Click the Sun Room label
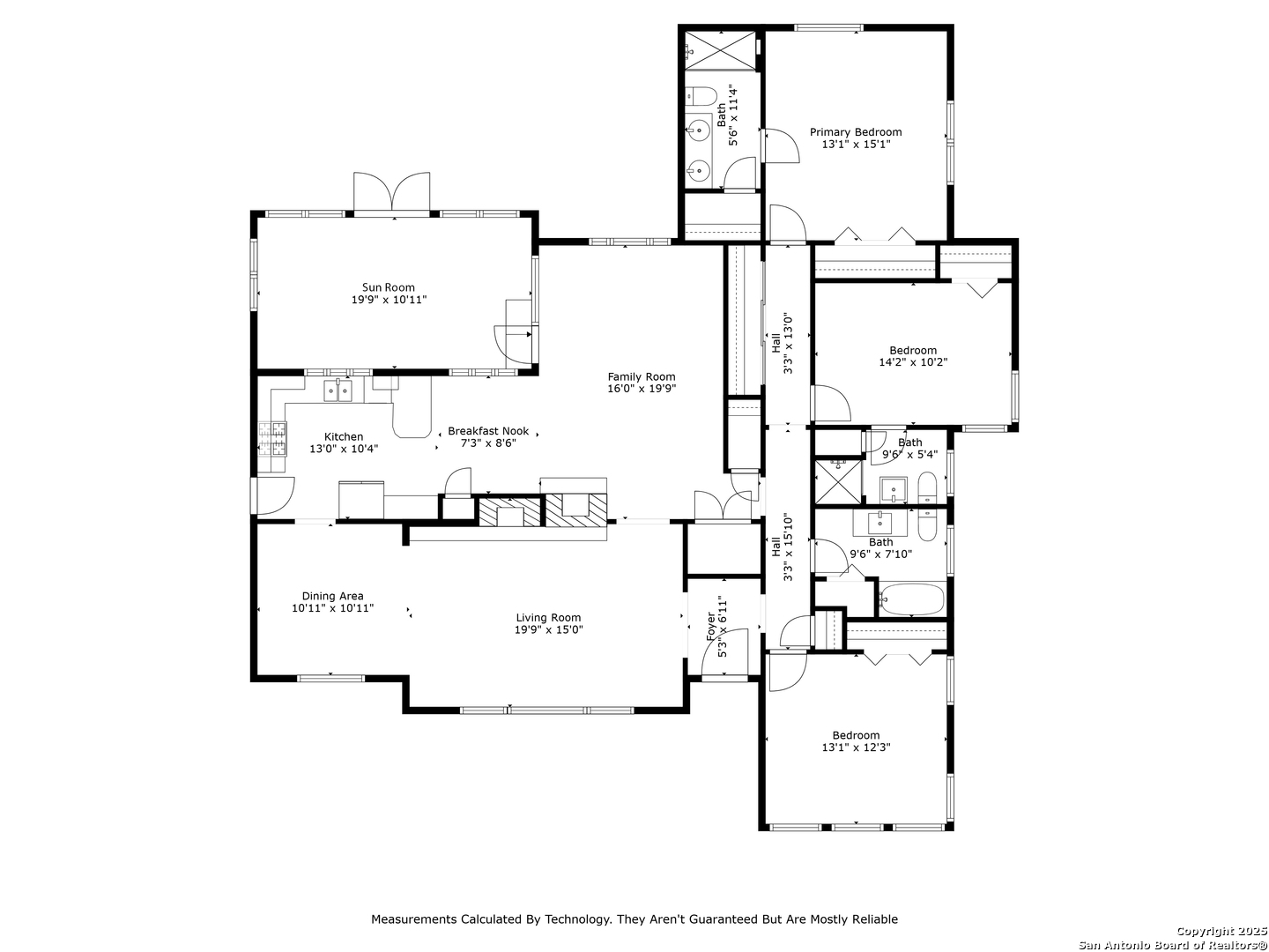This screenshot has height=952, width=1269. pos(388,287)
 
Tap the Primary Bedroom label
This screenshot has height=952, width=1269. pos(855,132)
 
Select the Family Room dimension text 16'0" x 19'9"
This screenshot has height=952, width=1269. pos(642,389)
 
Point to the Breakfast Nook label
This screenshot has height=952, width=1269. pos(488,431)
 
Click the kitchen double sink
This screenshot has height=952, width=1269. pos(337,391)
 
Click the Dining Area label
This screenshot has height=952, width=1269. pos(332,596)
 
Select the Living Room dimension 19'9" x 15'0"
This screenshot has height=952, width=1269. pos(549,629)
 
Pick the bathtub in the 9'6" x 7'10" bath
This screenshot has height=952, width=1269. pos(911,599)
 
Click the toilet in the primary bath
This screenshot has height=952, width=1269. pos(701,96)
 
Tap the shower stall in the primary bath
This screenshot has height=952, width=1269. pos(720,51)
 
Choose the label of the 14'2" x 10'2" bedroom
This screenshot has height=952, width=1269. pos(913,350)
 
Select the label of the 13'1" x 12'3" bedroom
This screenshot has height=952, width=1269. pos(856,735)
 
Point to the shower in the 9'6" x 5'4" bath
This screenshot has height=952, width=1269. pos(838,481)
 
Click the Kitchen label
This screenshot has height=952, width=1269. pos(344,437)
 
